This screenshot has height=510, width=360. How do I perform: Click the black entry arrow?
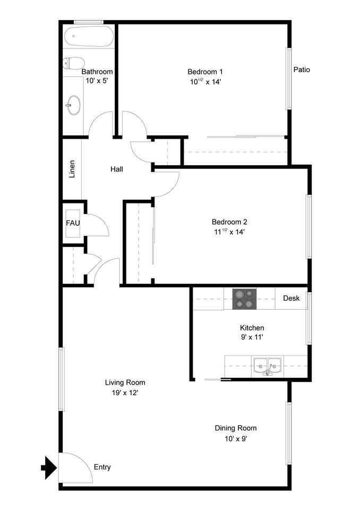49,468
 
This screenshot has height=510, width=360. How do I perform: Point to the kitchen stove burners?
244,299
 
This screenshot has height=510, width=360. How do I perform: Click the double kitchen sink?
267,365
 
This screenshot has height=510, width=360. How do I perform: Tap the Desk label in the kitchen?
291,298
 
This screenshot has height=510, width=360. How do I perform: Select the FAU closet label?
72,223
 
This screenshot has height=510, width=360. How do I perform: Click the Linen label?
72,169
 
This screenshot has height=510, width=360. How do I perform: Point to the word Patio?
302,70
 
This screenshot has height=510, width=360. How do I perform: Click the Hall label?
117,169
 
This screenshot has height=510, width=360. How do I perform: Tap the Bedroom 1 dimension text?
205,82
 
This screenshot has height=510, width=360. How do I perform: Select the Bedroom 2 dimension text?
229,232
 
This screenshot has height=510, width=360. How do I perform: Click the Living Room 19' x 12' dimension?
125,393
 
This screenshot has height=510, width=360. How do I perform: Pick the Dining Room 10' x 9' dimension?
235,438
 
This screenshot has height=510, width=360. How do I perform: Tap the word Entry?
102,467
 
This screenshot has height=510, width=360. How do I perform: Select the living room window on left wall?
61,379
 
